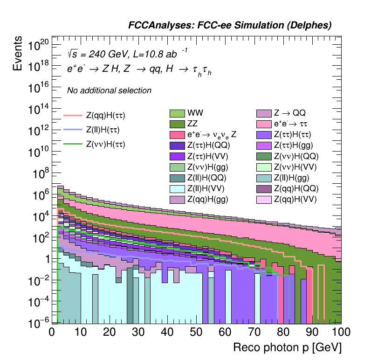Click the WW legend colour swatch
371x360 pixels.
pos(177,113)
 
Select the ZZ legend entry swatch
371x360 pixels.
pos(177,124)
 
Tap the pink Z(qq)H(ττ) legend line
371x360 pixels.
pos(72,115)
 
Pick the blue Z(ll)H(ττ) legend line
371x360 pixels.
pos(72,130)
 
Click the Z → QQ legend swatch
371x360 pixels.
pos(264,113)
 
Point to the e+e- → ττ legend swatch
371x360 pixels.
pos(264,124)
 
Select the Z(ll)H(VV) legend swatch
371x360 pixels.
pos(177,189)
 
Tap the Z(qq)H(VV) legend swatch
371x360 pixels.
pos(264,200)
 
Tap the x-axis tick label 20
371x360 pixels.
pos(110,332)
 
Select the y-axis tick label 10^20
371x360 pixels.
pos(38,46)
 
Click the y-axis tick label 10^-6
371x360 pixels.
pos(38,322)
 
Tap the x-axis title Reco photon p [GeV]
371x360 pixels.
pos(287,348)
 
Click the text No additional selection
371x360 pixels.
pos(109,90)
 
